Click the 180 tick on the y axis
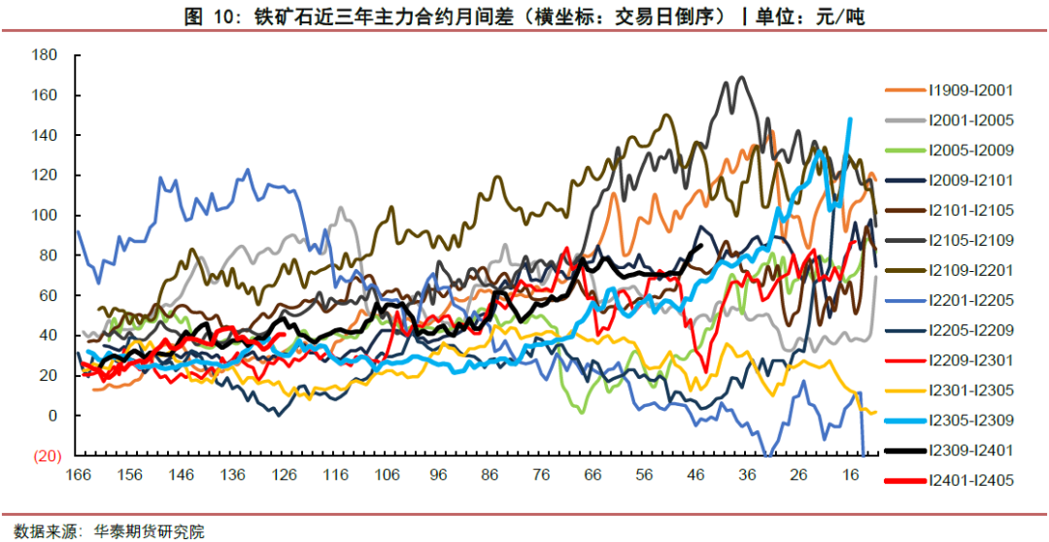[x=45, y=55]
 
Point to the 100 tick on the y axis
[x=45, y=216]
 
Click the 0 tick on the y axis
[x=52, y=416]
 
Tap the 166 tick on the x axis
[x=78, y=475]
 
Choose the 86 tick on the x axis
[x=489, y=475]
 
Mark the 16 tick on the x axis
[x=849, y=475]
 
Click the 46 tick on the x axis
[x=694, y=475]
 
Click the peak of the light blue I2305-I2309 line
[x=851, y=119]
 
